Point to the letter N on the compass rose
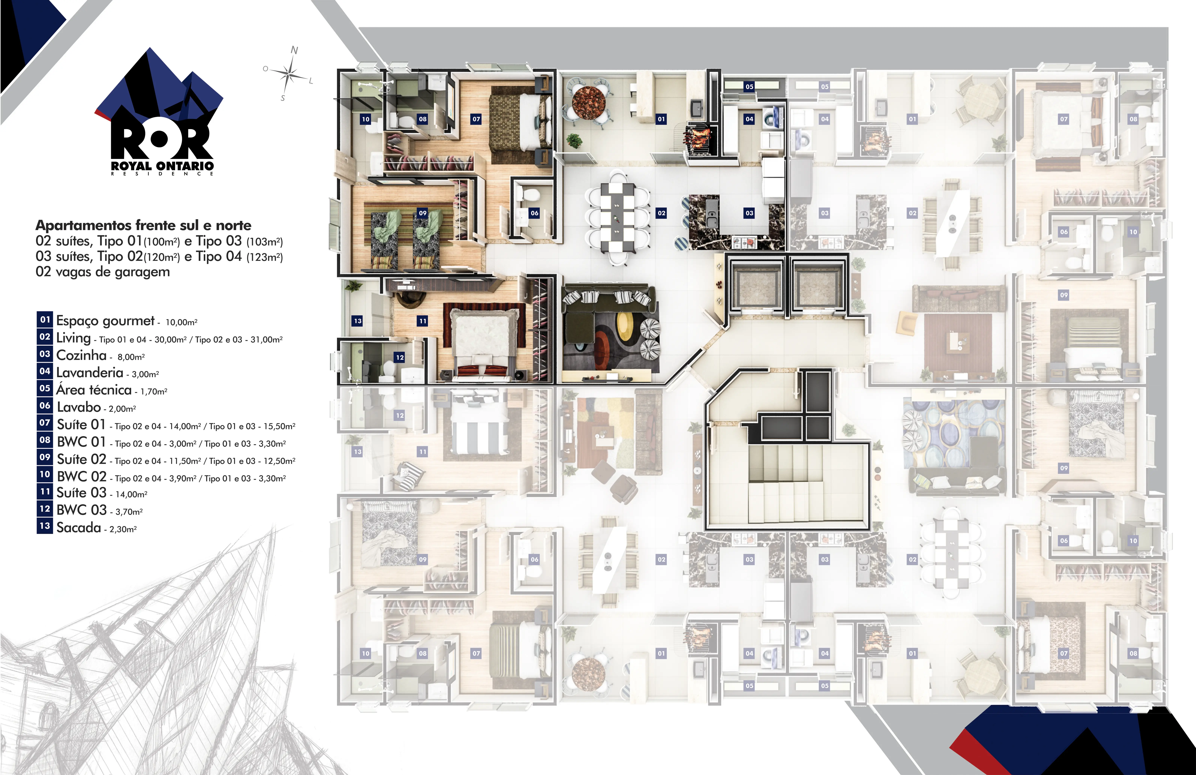[295, 50]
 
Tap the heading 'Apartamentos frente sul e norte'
[143, 225]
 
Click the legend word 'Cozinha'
[81, 355]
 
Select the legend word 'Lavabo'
[79, 407]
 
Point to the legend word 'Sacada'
[79, 528]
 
